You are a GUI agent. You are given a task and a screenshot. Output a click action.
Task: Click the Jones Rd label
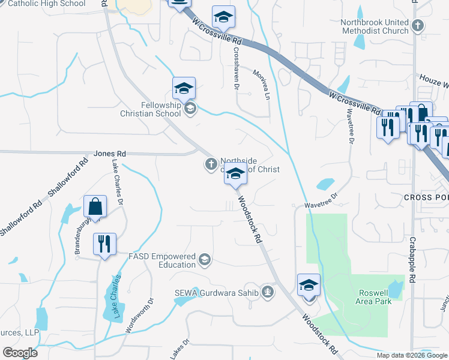[x=110, y=154]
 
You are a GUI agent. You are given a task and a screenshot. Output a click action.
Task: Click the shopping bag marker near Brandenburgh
[x=95, y=207]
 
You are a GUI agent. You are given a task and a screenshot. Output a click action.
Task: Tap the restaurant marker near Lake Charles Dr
[x=104, y=244]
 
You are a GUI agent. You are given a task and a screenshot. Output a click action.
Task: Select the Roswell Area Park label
[x=375, y=297]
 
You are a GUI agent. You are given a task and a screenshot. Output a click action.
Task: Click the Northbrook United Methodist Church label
[x=375, y=26]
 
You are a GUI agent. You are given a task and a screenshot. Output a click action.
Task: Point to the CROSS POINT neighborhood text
[x=426, y=197]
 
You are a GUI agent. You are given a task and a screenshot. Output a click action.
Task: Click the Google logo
[x=20, y=353]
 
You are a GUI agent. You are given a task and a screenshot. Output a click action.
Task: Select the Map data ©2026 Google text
[x=412, y=355]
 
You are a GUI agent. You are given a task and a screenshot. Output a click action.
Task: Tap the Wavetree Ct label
[x=322, y=200]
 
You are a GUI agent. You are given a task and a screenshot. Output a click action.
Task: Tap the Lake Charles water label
[x=116, y=297]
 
